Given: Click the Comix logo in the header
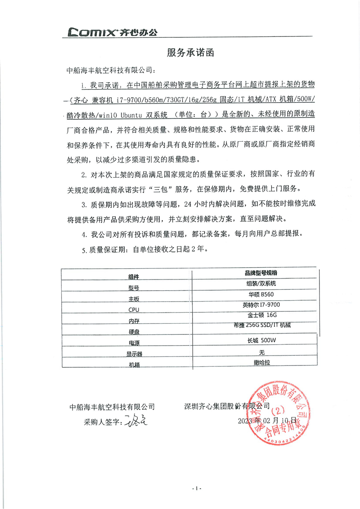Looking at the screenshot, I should click(112, 32).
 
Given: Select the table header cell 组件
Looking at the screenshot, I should click(134, 276).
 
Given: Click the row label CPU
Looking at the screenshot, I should click(134, 310).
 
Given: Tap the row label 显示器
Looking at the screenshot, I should click(134, 354).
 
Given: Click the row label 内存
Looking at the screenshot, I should click(134, 321).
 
